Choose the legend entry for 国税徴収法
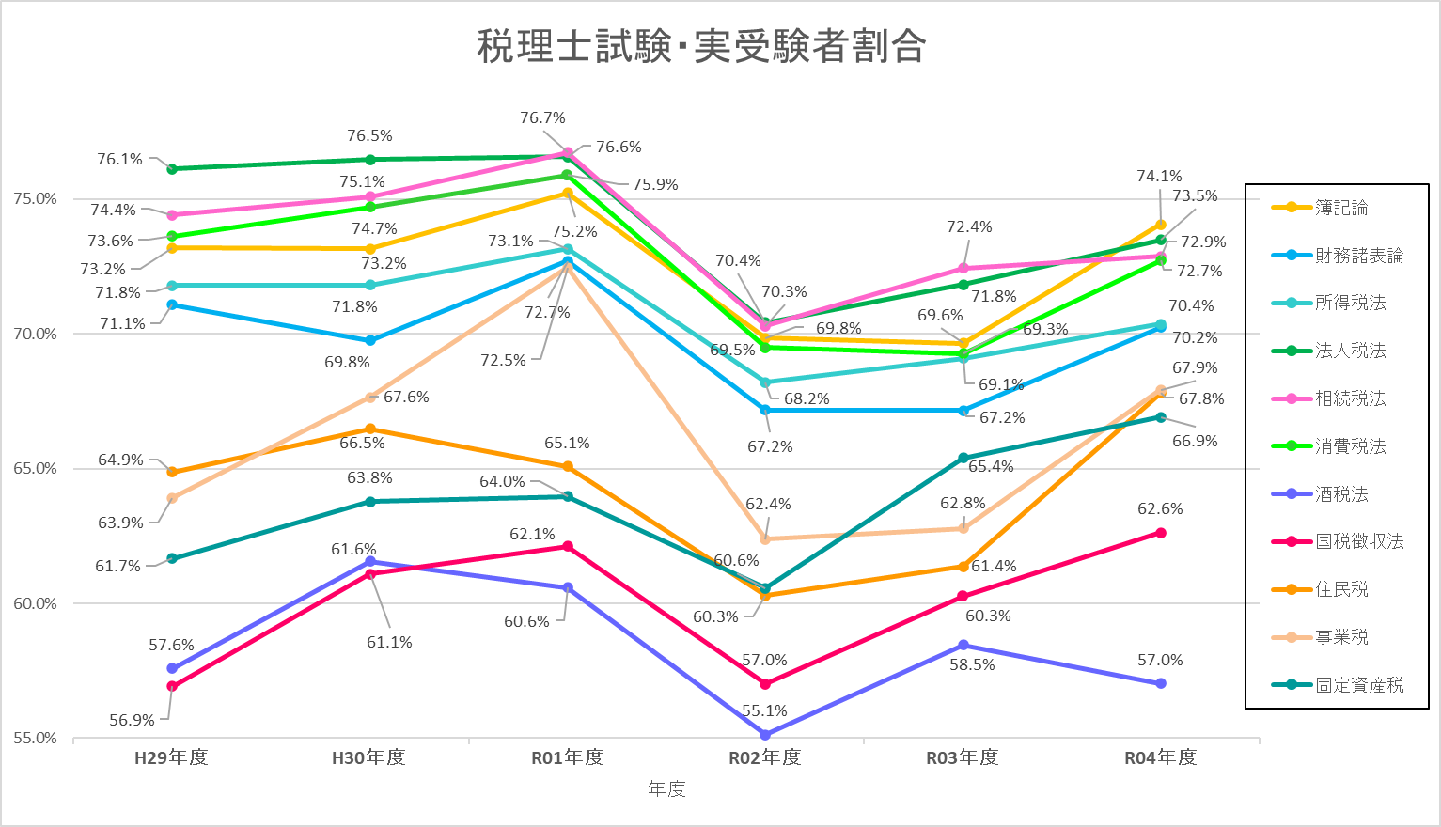1359,541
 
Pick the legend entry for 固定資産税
1359,685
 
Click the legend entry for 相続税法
1350,398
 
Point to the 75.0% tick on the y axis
35,199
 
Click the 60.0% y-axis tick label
35,603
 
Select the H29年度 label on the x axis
171,758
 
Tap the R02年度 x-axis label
765,758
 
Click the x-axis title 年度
666,789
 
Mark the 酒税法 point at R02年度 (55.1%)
765,735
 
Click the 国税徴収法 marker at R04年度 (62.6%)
1161,533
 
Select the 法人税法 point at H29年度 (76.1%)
172,169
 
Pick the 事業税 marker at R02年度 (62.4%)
765,539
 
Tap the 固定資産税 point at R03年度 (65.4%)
963,459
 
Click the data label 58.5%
972,665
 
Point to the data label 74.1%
1159,177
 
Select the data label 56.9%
132,721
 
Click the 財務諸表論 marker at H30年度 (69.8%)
370,340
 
